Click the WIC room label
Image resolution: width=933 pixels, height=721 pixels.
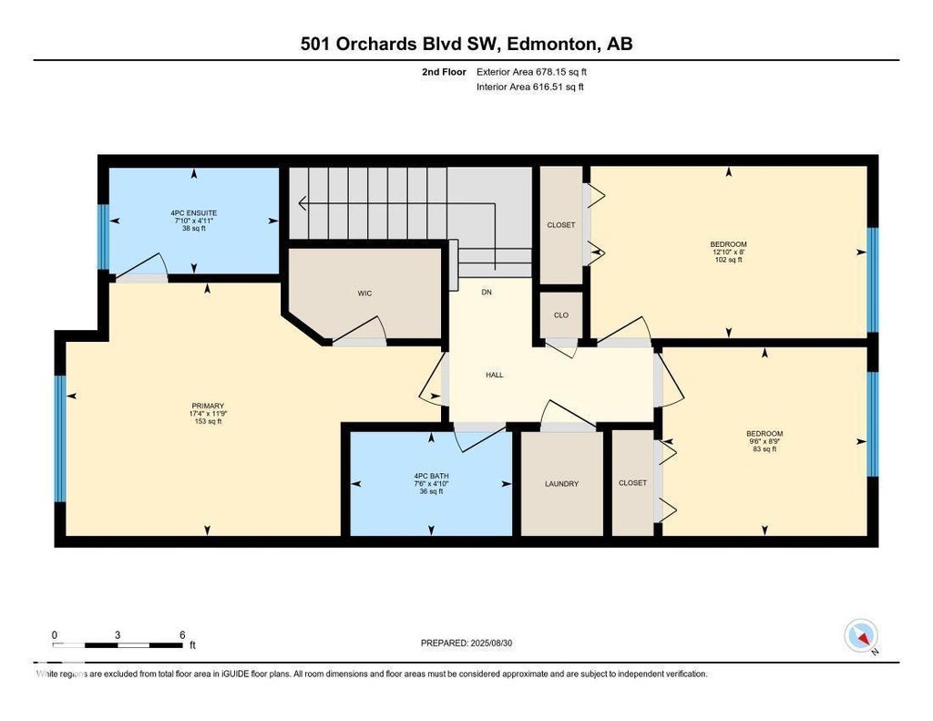(364, 293)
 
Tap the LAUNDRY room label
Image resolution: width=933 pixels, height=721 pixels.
(561, 484)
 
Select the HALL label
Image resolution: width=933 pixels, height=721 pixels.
(495, 376)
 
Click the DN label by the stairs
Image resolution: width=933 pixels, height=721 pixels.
(487, 293)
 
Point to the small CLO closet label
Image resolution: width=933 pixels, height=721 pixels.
(561, 315)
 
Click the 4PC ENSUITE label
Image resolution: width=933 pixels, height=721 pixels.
(194, 213)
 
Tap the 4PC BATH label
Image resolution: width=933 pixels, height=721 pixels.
(431, 477)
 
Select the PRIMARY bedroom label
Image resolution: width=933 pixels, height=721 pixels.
(208, 406)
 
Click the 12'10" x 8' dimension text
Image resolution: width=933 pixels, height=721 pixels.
(729, 252)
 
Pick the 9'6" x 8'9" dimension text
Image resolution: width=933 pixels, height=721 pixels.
(764, 441)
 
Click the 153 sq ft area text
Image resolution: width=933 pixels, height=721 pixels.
(208, 421)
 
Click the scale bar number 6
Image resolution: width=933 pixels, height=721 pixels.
(182, 634)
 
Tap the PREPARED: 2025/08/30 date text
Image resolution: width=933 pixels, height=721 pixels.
(466, 643)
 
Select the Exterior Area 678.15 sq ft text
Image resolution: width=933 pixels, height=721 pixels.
(532, 72)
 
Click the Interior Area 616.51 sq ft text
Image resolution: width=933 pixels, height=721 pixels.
(530, 87)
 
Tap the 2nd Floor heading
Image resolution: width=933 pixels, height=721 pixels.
(444, 72)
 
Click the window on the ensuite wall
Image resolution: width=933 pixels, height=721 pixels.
(103, 237)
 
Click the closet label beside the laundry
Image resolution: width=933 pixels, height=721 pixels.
(632, 483)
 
